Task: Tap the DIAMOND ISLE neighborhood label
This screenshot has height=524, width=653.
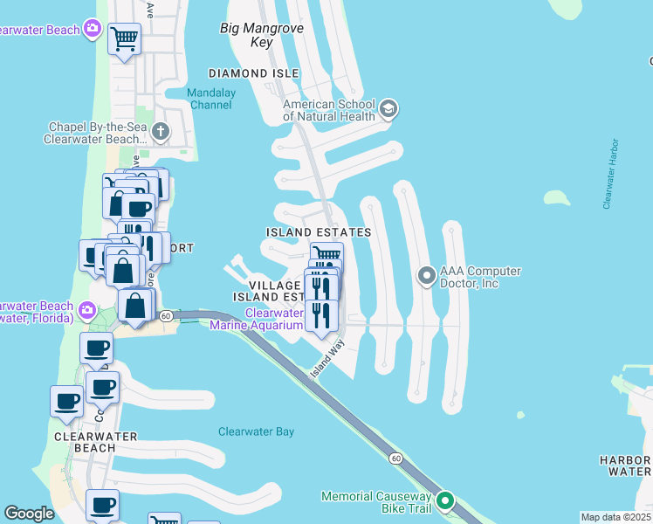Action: click(253, 73)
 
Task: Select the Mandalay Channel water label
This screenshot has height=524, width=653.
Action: click(210, 99)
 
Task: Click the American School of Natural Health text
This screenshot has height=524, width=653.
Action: click(329, 109)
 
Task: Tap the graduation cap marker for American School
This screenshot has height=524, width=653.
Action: click(388, 109)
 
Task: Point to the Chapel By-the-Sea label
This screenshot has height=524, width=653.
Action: click(97, 133)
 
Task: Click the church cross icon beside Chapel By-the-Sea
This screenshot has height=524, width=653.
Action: click(160, 133)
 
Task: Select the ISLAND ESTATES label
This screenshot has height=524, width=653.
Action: click(319, 232)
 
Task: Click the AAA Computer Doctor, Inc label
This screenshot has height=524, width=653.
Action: click(481, 278)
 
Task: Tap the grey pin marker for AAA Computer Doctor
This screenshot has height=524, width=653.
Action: click(426, 277)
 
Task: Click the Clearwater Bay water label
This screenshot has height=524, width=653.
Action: click(256, 431)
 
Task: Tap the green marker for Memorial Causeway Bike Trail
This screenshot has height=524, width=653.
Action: click(445, 501)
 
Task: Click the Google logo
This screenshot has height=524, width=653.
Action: click(29, 514)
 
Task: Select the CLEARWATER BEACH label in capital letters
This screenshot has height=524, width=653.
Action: click(85, 442)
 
